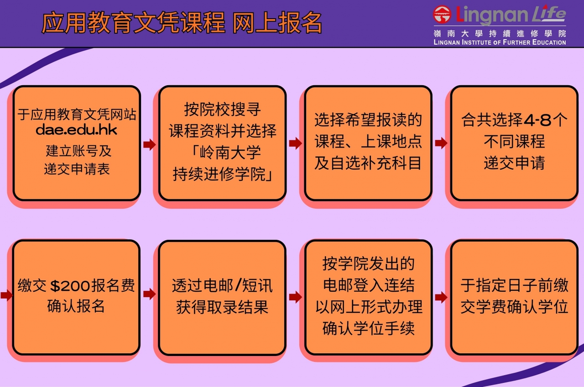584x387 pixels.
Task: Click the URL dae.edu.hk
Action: pyautogui.click(x=76, y=130)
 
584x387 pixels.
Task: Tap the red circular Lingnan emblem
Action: pyautogui.click(x=442, y=14)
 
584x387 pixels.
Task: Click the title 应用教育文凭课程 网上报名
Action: pyautogui.click(x=182, y=23)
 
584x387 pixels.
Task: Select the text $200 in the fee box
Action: pyautogui.click(x=70, y=286)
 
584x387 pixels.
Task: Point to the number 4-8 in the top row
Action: pyautogui.click(x=537, y=120)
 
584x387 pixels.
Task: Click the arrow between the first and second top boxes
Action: pyautogui.click(x=149, y=144)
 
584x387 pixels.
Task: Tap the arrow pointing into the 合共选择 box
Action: pyautogui.click(x=441, y=143)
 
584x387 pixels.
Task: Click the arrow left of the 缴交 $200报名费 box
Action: pyautogui.click(x=6, y=295)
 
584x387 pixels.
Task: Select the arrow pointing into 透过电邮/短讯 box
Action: pyautogui.click(x=149, y=294)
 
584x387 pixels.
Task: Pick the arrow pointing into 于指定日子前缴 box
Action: pyautogui.click(x=441, y=297)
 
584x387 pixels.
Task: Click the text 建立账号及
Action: pyautogui.click(x=78, y=151)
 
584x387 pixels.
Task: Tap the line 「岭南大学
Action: pyautogui.click(x=226, y=152)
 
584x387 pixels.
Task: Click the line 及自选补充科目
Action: pyautogui.click(x=368, y=163)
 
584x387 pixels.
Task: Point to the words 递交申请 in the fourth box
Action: pyautogui.click(x=514, y=163)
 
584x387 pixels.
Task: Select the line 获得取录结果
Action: pyautogui.click(x=222, y=307)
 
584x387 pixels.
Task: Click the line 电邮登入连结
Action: pyautogui.click(x=369, y=285)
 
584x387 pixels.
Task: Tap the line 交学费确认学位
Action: pyautogui.click(x=514, y=307)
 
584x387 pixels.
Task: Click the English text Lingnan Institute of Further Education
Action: pyautogui.click(x=500, y=42)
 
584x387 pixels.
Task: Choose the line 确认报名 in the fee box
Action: pyautogui.click(x=76, y=306)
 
